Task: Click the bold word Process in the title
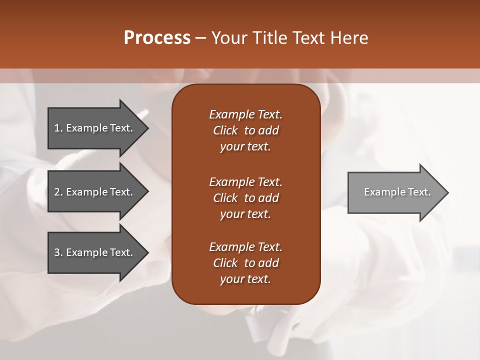pyautogui.click(x=157, y=38)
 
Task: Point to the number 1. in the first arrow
pyautogui.click(x=58, y=128)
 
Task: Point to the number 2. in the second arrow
pyautogui.click(x=58, y=192)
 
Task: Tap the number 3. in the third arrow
pyautogui.click(x=58, y=252)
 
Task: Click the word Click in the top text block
pyautogui.click(x=225, y=130)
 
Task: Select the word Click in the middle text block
pyautogui.click(x=225, y=198)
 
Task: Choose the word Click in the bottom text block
pyautogui.click(x=225, y=263)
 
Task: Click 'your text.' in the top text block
pyautogui.click(x=245, y=147)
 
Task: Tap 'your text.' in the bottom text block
pyautogui.click(x=245, y=279)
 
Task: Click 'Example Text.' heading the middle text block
pyautogui.click(x=245, y=182)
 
